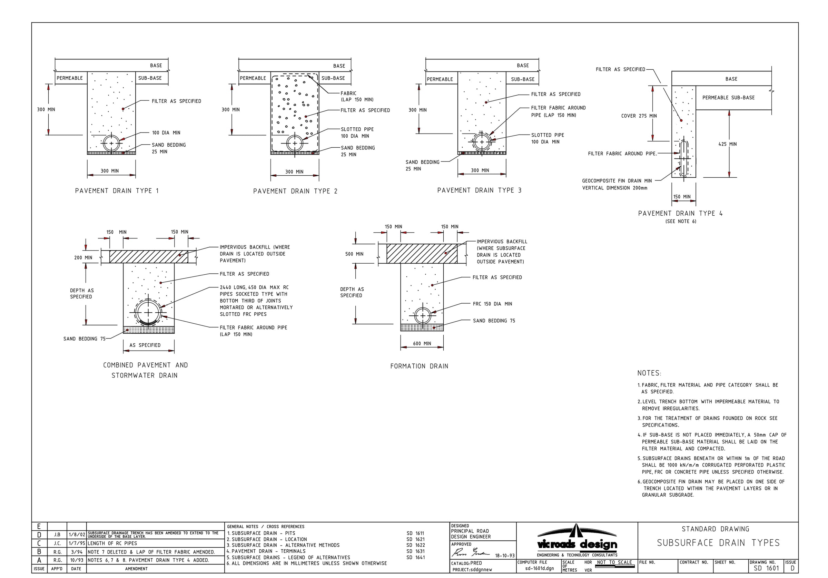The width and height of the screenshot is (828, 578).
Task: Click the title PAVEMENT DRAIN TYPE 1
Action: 117,191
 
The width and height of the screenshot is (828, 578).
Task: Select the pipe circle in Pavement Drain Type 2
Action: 295,143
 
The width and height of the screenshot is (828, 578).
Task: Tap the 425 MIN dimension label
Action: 727,144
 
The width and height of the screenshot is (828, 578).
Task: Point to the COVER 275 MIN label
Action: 639,116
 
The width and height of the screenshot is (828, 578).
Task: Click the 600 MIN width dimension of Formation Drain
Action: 422,343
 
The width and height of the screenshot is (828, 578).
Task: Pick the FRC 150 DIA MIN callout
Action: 492,304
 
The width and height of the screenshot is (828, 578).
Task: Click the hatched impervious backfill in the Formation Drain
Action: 422,254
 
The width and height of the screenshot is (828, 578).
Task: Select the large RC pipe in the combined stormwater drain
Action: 148,312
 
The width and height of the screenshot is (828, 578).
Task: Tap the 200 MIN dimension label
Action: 83,258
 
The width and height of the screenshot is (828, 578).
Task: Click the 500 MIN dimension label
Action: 354,254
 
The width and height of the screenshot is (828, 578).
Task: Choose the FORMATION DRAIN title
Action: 419,366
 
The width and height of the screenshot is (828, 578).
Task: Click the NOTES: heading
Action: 649,373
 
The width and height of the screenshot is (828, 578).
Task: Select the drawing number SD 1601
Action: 766,568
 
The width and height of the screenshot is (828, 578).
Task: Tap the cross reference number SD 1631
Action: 415,551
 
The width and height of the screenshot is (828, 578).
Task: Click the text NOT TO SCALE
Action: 614,562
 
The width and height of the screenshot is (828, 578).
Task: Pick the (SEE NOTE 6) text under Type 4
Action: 680,222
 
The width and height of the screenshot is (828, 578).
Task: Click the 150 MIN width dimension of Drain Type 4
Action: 682,197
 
